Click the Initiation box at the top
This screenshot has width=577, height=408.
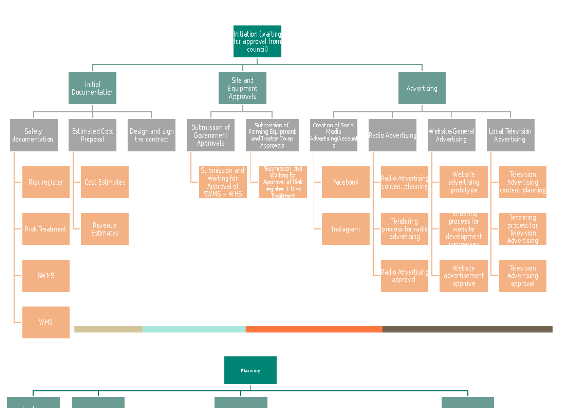click(x=257, y=42)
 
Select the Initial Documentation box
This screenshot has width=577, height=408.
click(x=92, y=89)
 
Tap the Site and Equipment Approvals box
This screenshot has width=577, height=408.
click(x=242, y=89)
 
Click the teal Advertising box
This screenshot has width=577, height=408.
click(x=422, y=89)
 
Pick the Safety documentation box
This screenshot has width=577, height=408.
click(x=34, y=135)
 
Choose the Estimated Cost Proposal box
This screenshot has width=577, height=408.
click(x=92, y=135)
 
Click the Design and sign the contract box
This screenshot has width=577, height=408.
click(x=151, y=135)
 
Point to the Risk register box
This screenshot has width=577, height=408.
click(x=46, y=182)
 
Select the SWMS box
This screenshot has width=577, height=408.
click(x=46, y=276)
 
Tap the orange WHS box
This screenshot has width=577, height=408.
click(x=46, y=322)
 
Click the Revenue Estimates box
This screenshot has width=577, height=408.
click(x=105, y=229)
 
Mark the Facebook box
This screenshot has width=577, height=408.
click(x=346, y=182)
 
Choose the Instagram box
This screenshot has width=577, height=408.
click(x=346, y=229)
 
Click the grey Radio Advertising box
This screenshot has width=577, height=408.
click(x=392, y=135)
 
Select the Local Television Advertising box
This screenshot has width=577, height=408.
click(x=510, y=135)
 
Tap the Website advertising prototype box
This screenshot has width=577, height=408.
click(x=464, y=182)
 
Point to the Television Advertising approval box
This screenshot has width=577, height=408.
click(x=522, y=276)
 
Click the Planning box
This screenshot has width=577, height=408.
click(x=251, y=370)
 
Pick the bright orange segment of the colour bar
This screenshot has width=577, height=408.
click(x=314, y=329)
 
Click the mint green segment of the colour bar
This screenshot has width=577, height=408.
click(x=194, y=329)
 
